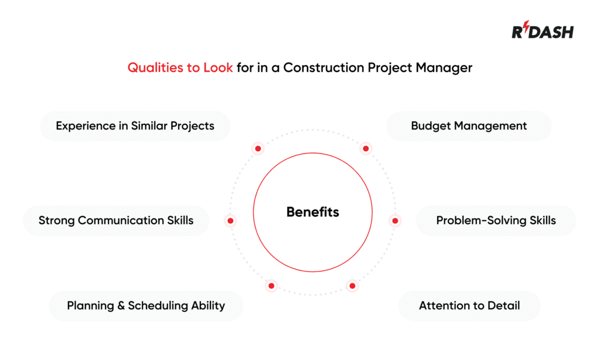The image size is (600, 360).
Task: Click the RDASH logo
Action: [x=543, y=32]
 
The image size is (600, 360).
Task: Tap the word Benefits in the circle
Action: [x=312, y=212]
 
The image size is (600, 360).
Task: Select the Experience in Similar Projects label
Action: [x=135, y=125]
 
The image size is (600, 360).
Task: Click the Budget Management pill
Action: [x=469, y=125]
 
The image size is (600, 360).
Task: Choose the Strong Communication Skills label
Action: [x=115, y=220]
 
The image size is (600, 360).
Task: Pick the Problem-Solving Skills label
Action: [x=496, y=220]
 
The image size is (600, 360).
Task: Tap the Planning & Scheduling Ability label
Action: [x=145, y=305]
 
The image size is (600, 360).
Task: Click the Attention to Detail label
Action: [x=469, y=305]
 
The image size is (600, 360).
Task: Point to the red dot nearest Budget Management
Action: [x=366, y=148]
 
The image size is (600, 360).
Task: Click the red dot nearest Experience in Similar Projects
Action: [x=258, y=149]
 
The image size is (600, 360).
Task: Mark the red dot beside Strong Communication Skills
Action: [x=230, y=221]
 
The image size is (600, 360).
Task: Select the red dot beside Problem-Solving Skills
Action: [x=395, y=221]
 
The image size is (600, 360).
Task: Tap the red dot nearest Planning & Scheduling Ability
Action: [x=271, y=286]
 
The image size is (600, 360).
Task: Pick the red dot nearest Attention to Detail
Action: [x=352, y=286]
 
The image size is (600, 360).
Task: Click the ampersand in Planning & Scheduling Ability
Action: [x=120, y=305]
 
